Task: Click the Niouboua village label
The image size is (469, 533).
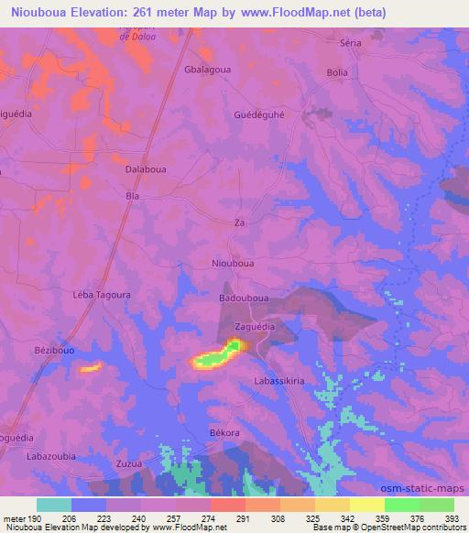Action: (233, 262)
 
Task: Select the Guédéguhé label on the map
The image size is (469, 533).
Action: (259, 115)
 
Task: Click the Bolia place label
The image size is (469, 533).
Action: (338, 71)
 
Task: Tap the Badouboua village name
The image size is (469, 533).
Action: (245, 298)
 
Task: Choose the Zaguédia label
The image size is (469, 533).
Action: (255, 325)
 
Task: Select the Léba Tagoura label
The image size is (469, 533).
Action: (102, 296)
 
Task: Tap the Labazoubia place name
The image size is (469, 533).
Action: (51, 456)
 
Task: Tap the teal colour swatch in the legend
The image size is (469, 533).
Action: (54, 505)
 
